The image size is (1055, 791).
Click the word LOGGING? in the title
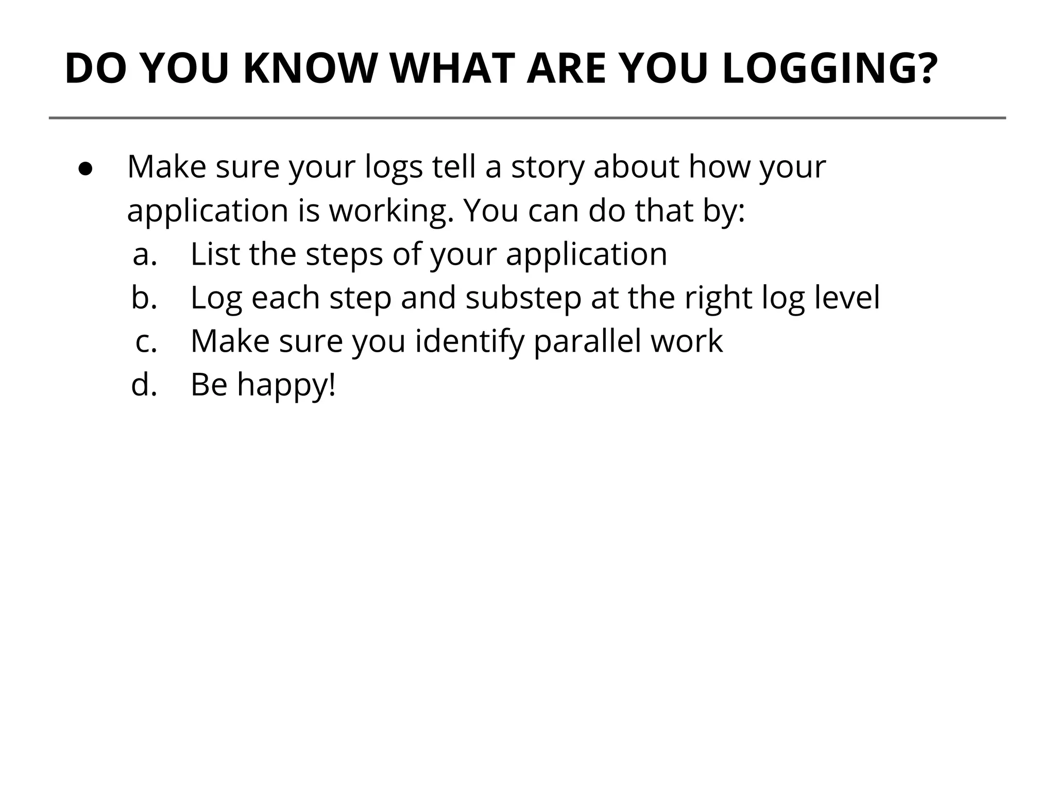pyautogui.click(x=829, y=68)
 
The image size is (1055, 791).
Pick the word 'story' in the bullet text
pyautogui.click(x=547, y=167)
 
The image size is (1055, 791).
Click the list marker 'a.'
pyautogui.click(x=145, y=254)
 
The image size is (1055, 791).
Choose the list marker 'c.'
pyautogui.click(x=146, y=341)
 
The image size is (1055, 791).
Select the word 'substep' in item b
pyautogui.click(x=523, y=298)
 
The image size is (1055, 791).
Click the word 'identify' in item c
pyautogui.click(x=469, y=341)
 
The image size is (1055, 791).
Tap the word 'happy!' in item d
pyautogui.click(x=286, y=385)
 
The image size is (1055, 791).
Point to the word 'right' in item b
pyautogui.click(x=718, y=298)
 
